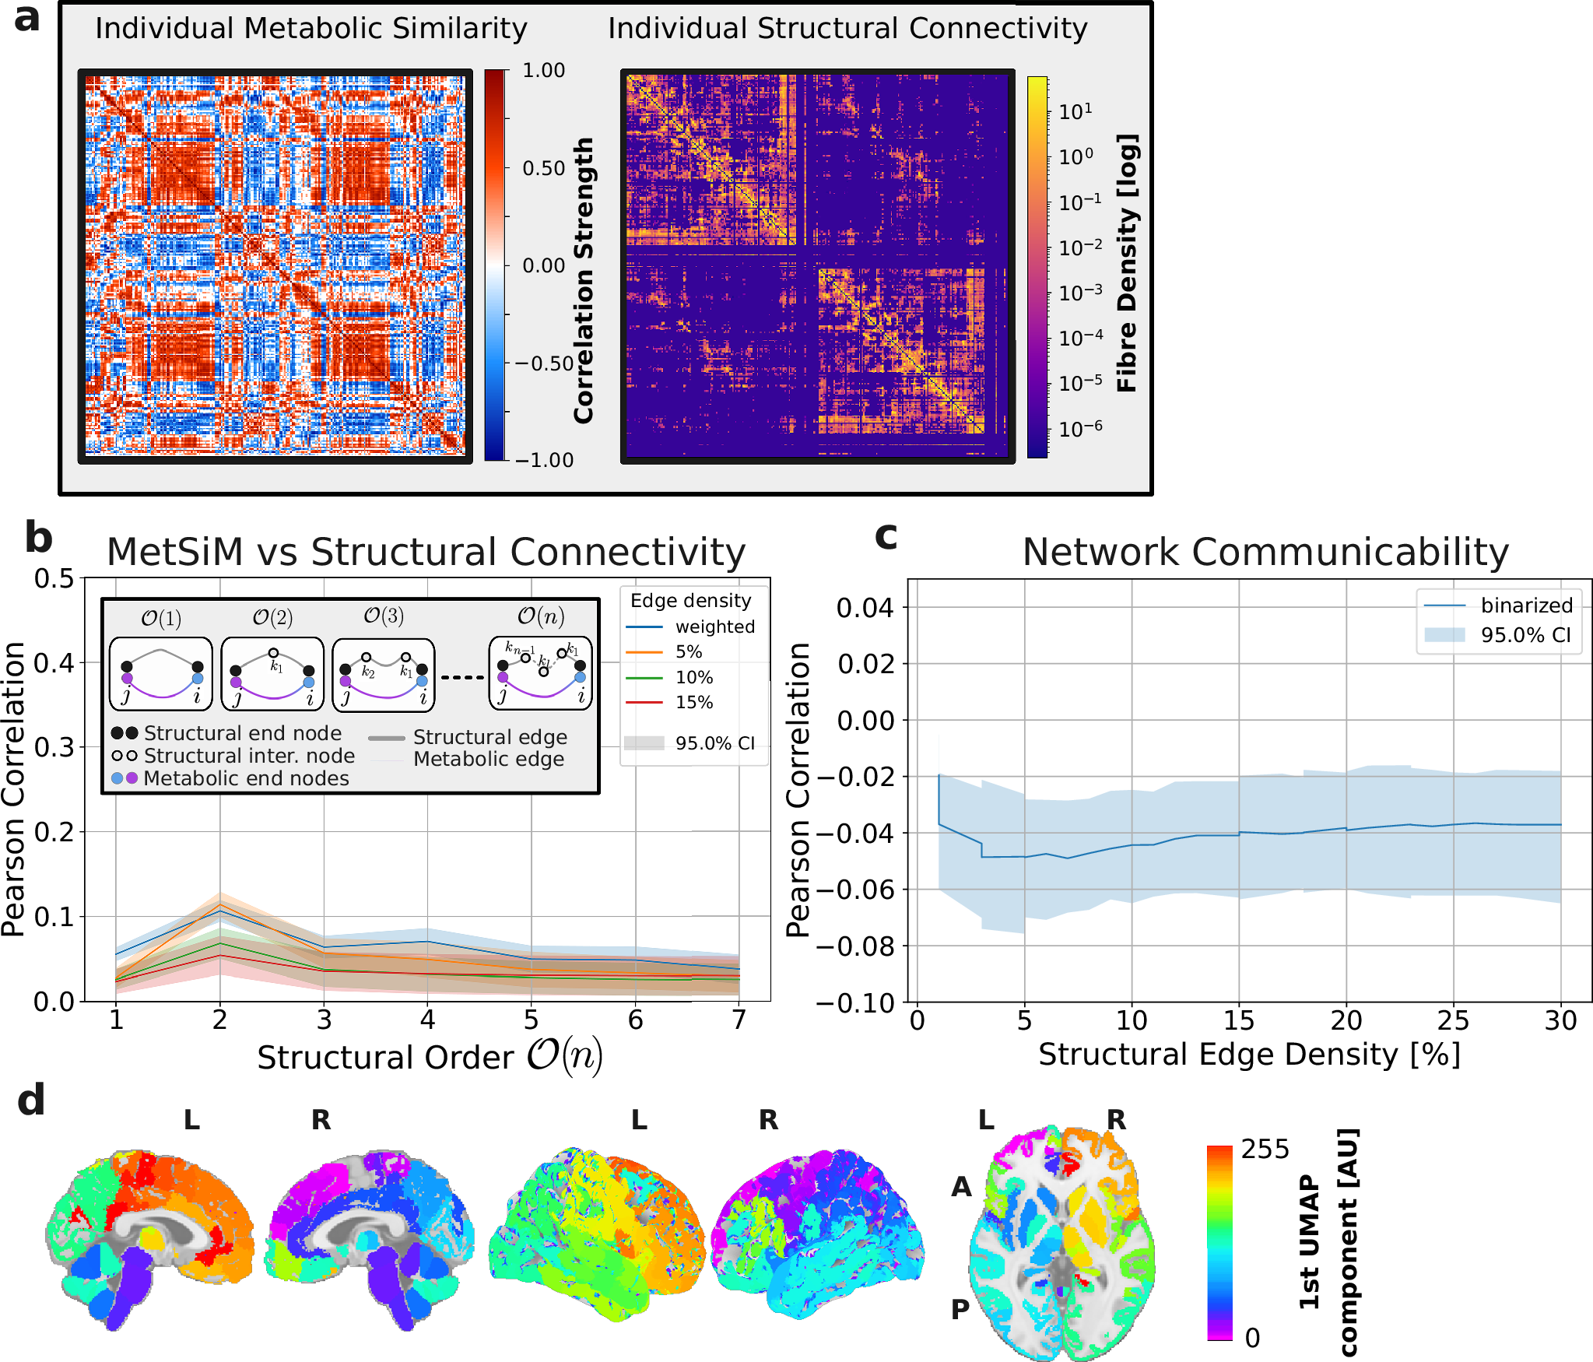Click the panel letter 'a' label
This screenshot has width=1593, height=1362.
pos(27,19)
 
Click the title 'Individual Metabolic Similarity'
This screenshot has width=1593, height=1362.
pos(311,29)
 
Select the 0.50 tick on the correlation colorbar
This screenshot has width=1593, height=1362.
pos(543,168)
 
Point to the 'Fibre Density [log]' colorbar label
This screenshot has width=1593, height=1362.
pos(1128,263)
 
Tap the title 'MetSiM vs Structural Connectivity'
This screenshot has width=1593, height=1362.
pos(426,553)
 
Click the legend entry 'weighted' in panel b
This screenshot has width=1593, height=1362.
pos(714,627)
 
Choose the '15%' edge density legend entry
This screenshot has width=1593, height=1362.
pos(693,702)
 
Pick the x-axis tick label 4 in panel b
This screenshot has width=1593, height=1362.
pos(427,1020)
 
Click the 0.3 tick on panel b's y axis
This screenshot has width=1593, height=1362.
pos(54,747)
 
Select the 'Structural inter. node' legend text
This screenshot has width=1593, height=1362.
pos(249,756)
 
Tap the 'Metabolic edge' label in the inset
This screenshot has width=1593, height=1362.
pos(489,759)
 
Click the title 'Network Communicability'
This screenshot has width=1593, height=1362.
pos(1265,553)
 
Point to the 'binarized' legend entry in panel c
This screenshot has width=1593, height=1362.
pos(1526,606)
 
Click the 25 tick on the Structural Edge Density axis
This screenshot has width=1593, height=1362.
pos(1453,1020)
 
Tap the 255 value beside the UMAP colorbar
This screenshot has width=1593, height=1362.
pos(1265,1150)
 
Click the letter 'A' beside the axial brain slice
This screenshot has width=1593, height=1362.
pos(962,1187)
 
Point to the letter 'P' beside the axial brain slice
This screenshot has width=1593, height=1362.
pos(960,1309)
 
